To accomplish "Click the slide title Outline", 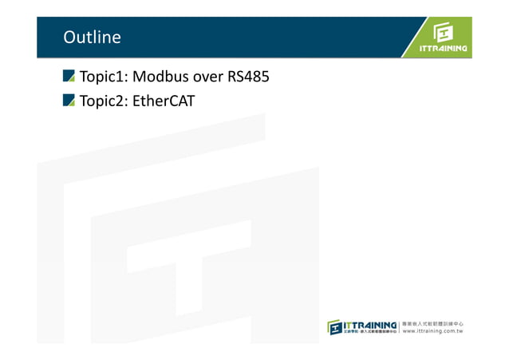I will [x=92, y=38].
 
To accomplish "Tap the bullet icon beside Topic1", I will [x=69, y=77].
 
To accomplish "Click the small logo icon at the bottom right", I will [x=337, y=327].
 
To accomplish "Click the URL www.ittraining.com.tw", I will [x=433, y=331].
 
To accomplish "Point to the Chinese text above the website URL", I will [x=433, y=322].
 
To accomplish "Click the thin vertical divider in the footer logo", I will [x=399, y=327].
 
